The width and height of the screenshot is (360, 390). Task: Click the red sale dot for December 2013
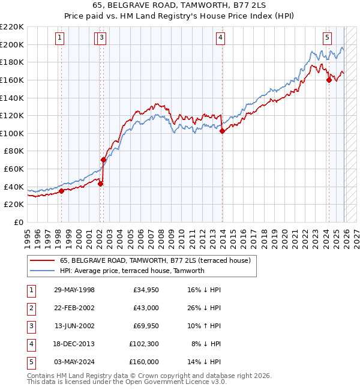pos(222,131)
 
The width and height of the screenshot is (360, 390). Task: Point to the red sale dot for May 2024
pos(328,80)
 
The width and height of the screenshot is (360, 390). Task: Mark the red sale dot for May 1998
pos(61,191)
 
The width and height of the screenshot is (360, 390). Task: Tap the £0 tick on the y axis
pos(18,222)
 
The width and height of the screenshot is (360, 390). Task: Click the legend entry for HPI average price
pos(132,271)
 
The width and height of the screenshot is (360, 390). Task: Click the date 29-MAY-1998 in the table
pos(74,290)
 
